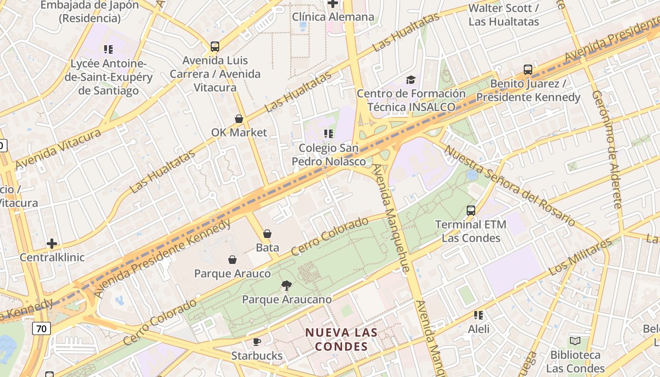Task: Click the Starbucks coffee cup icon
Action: coord(256,342)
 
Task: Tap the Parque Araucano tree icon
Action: coord(286,285)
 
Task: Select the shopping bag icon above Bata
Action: coord(267,234)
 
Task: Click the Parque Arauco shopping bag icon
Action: coord(232,260)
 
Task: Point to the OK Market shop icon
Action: coord(239,119)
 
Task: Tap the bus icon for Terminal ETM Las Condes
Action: coord(470,211)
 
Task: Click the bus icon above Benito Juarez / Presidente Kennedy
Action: coord(528,70)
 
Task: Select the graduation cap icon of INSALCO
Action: coord(411,80)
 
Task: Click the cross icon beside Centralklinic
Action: coord(52,244)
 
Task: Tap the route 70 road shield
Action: coord(41,328)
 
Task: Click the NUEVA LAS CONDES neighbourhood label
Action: coord(341,339)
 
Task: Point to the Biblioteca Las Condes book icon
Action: coord(575,341)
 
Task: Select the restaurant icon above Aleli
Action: coord(478,315)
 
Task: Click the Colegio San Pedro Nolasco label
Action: coord(329,155)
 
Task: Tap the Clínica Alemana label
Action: coord(333,17)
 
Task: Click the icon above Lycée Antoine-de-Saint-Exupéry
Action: coord(108,49)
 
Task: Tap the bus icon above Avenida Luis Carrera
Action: coord(215,46)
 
